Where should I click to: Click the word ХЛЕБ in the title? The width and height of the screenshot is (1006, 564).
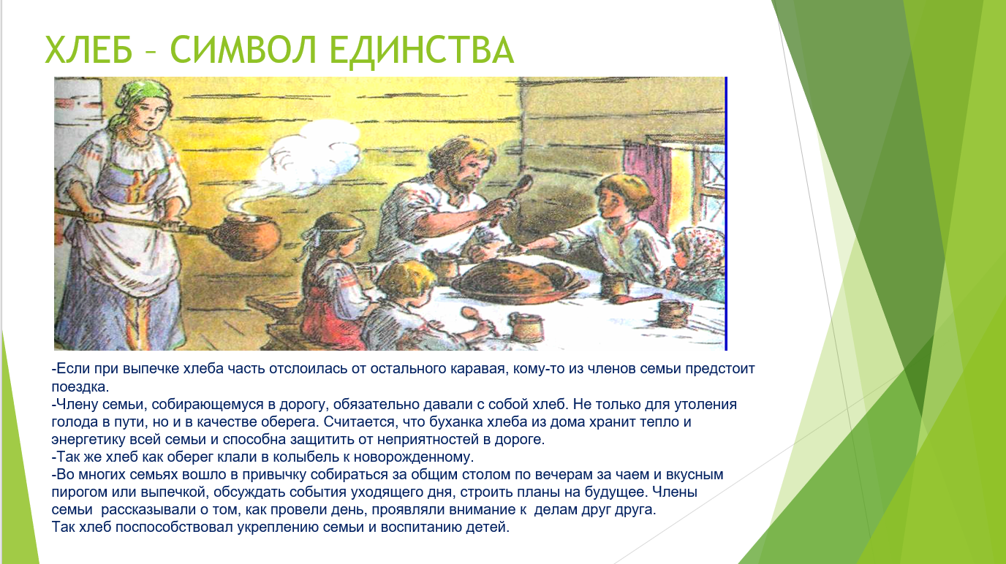pos(89,50)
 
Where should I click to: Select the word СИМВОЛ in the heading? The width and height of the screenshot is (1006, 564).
pos(244,50)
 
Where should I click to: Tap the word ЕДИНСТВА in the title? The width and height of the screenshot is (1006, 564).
pos(422,51)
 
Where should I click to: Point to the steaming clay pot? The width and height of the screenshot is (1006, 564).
pos(246,235)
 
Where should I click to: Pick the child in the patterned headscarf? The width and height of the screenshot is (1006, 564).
pos(698,259)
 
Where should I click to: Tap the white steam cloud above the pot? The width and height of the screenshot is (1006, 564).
pos(314,152)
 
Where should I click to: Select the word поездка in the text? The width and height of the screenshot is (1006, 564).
pos(79,386)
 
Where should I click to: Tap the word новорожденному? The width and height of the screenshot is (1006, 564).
pos(414,457)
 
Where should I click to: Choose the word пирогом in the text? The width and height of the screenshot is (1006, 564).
pos(80,492)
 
